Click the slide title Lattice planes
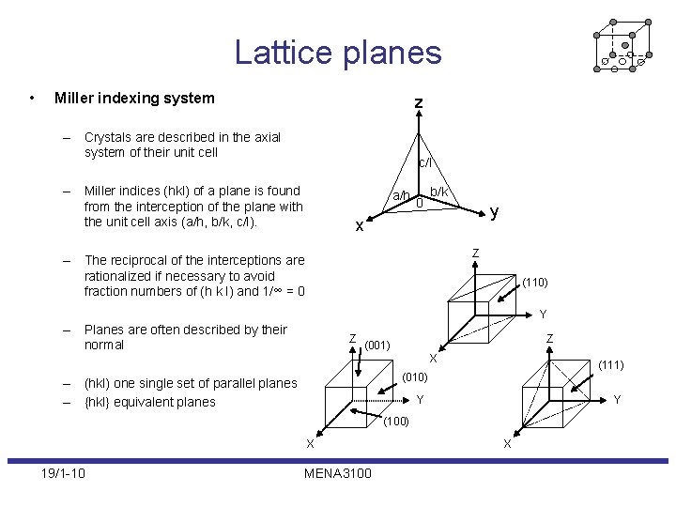tap(338, 52)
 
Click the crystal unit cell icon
tap(622, 44)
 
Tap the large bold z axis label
tap(419, 101)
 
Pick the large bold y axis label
tap(494, 212)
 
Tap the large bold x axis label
tap(359, 225)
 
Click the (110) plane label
tap(535, 282)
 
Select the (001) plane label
tap(377, 345)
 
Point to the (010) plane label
tap(415, 377)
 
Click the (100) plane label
tap(396, 422)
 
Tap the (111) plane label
tap(611, 364)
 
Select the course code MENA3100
tap(338, 472)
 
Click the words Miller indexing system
tap(134, 98)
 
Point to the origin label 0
tap(420, 203)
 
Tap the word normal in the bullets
tap(104, 345)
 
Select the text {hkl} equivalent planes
tap(150, 402)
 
